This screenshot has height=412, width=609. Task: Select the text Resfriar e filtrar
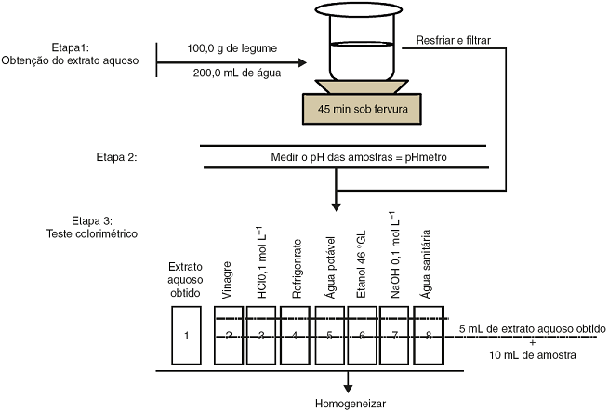pos(452,41)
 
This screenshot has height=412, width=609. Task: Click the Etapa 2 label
pos(117,157)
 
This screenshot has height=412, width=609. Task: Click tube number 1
pos(188,335)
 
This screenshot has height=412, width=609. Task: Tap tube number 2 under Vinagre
pos(229,335)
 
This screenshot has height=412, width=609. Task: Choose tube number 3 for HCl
pos(262,335)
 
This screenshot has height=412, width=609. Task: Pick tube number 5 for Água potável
pos(329,335)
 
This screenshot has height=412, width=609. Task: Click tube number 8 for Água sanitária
pos(429,335)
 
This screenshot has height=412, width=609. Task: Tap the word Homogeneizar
pos(348,404)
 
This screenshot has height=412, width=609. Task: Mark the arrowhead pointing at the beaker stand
pos(302,63)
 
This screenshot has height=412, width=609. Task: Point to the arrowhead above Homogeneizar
pos(349,383)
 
